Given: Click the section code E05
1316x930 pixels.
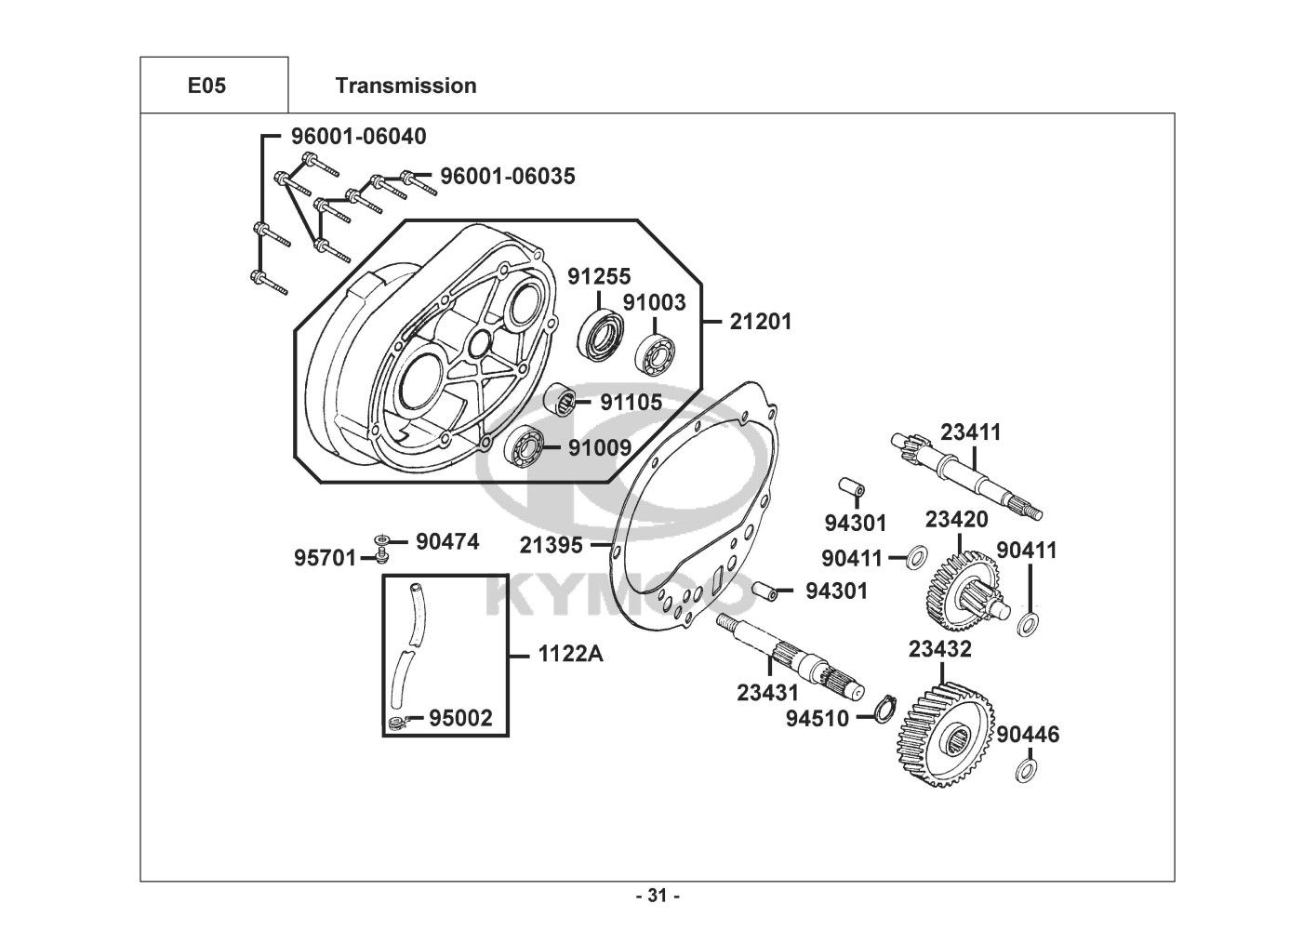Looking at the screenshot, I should click(x=206, y=86).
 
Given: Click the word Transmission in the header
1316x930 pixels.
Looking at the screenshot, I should click(x=405, y=86).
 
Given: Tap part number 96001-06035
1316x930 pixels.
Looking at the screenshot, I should click(x=507, y=176).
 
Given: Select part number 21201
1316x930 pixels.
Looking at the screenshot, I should click(x=760, y=322).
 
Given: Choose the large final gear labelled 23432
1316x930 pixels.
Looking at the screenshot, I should click(x=944, y=735).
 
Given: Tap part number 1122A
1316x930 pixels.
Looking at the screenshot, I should click(x=570, y=655).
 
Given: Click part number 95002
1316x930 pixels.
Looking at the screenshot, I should click(x=460, y=718).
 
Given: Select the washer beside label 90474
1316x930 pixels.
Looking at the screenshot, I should click(x=381, y=540).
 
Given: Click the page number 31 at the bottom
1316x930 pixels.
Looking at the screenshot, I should click(x=658, y=897).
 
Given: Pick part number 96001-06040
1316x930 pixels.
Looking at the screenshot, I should click(x=358, y=137).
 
